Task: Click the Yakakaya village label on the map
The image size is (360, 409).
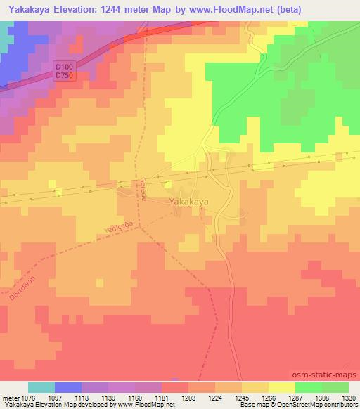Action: [189, 202]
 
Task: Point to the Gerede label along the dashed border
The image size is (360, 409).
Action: [142, 188]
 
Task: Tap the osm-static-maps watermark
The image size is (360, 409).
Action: [325, 375]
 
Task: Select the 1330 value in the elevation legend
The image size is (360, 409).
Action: [348, 398]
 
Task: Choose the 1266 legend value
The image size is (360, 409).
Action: [269, 398]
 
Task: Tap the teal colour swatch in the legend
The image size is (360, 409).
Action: [41, 387]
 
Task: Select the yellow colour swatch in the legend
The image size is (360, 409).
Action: [281, 387]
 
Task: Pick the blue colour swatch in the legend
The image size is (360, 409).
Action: [68, 387]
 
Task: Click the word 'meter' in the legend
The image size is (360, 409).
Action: [12, 398]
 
